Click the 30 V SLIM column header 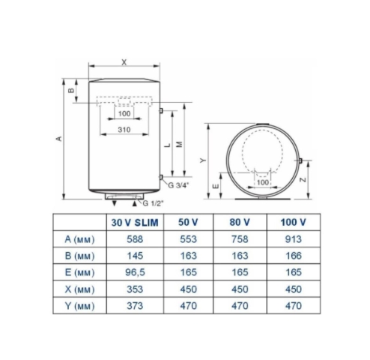[x=135, y=222]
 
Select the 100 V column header [x=294, y=222]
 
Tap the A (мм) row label [x=79, y=239]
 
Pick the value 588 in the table [x=135, y=239]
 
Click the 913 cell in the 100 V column [x=294, y=239]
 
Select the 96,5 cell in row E [x=135, y=272]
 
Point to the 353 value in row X [x=135, y=289]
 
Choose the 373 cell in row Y [x=135, y=305]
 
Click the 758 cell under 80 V [x=240, y=239]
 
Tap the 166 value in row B [x=294, y=256]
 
